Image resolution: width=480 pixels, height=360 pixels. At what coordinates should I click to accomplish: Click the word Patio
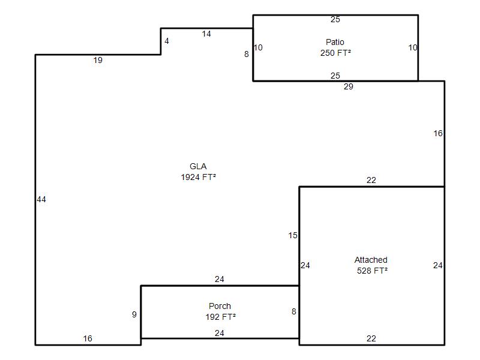coord(335,42)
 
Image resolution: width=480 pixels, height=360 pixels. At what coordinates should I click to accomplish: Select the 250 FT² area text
coord(335,53)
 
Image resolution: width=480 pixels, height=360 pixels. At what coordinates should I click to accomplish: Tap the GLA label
coord(198,166)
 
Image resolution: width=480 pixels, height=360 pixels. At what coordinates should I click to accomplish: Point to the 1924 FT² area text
coord(199,177)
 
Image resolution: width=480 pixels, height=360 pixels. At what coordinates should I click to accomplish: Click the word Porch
coord(220,306)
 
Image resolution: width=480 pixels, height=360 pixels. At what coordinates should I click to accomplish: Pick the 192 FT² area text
coord(220,317)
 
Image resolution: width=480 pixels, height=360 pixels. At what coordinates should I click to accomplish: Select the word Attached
coord(371,260)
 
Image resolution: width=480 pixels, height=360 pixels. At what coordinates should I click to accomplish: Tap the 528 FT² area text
coord(372,271)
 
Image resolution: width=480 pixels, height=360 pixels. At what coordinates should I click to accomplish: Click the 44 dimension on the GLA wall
coord(41,200)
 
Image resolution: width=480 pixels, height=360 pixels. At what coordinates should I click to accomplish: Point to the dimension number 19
coord(98,61)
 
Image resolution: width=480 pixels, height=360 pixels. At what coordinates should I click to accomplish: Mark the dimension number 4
coord(167,41)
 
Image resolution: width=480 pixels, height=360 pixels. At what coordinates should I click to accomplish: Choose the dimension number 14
coord(206,34)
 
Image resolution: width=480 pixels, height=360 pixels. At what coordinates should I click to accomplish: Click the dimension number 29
coord(349,86)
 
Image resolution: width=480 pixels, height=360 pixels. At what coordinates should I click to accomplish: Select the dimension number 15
coord(293,235)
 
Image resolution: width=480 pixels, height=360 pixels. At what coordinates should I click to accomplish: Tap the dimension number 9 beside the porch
coord(134,314)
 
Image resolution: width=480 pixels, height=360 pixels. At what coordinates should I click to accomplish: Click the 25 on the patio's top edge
coord(335,19)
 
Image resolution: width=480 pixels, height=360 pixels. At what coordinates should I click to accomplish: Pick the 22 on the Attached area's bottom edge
coord(371,338)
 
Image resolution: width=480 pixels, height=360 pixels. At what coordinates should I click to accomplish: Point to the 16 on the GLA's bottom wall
coord(88,338)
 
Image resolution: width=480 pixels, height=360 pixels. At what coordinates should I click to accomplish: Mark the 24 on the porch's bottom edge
coord(220,333)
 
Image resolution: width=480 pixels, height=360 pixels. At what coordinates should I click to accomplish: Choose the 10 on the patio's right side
coord(413,48)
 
